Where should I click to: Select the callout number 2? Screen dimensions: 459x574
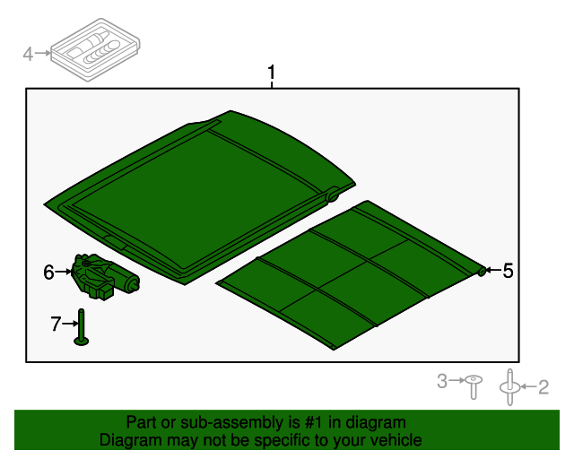coord(543,387)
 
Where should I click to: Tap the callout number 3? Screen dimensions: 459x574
coord(441,382)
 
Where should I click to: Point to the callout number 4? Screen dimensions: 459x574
coord(28,55)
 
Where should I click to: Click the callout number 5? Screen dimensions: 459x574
coord(508,271)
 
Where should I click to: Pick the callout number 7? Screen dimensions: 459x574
coord(56,324)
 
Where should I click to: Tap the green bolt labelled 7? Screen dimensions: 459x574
coord(81,326)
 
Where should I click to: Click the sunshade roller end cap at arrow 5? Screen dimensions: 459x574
coord(482,270)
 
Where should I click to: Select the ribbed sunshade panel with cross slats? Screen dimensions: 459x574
coord(350,274)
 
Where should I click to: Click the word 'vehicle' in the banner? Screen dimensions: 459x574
coord(394,440)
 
